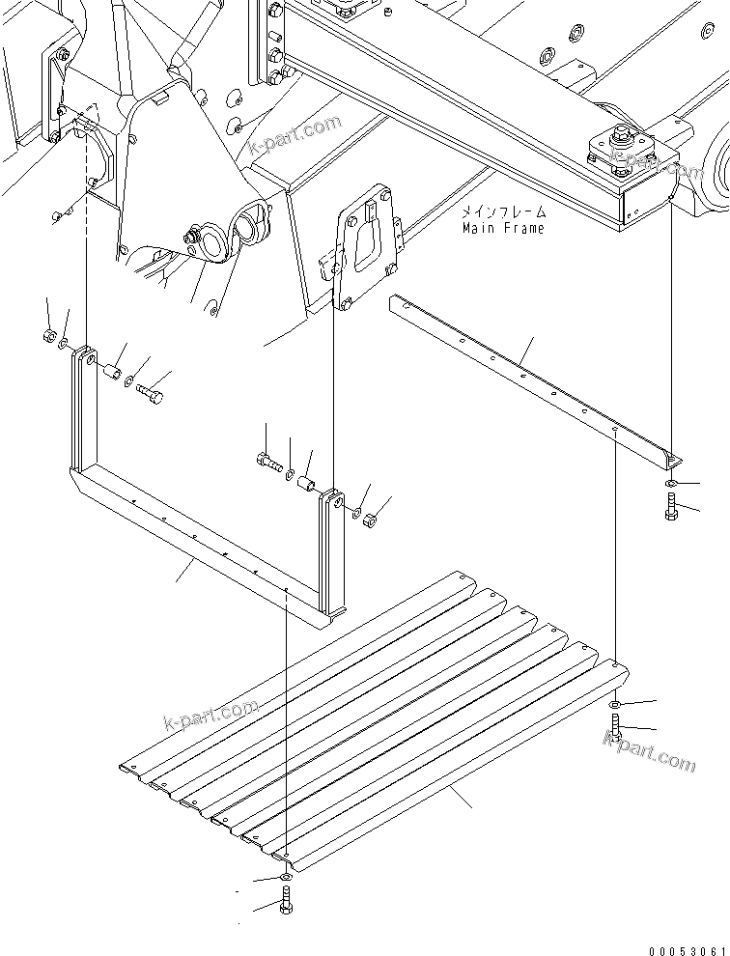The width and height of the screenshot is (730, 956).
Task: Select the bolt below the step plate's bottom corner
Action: (x=286, y=906)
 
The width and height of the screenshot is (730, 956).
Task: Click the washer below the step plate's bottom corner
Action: (x=286, y=877)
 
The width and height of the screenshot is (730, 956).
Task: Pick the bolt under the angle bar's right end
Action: (x=670, y=505)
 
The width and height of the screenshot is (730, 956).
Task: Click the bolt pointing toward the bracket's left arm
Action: (x=151, y=394)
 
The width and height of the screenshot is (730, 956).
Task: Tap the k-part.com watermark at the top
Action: (x=295, y=134)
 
